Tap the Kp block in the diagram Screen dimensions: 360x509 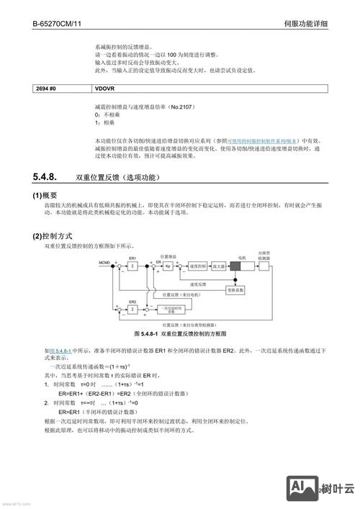(168, 266)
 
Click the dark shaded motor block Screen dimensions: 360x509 (240, 266)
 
